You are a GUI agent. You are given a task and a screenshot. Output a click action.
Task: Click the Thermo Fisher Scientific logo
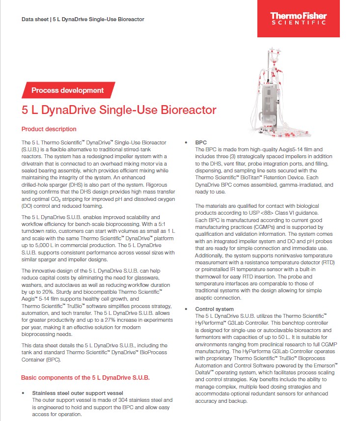pos(298,19)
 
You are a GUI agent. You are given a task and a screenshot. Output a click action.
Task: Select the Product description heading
pos(49,129)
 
